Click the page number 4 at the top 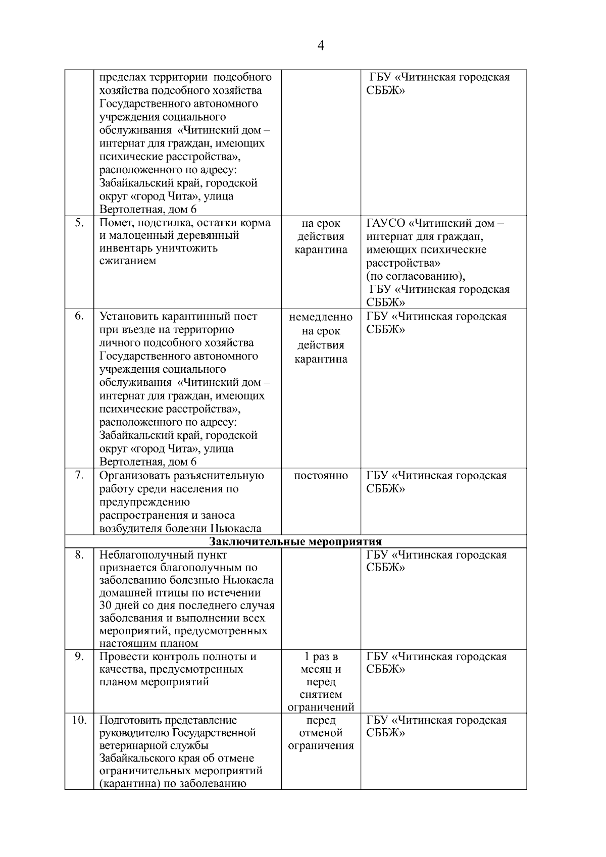click(x=321, y=46)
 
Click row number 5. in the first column click(x=79, y=223)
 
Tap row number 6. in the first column click(x=79, y=316)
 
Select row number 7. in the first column click(x=79, y=475)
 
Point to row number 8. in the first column click(x=79, y=554)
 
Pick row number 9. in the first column click(x=79, y=657)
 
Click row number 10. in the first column click(x=79, y=720)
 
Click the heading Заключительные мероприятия click(x=295, y=542)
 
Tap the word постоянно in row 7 click(x=321, y=476)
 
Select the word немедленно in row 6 click(x=321, y=317)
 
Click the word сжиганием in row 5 click(x=128, y=261)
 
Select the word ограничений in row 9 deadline click(x=321, y=707)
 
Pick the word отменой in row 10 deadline click(x=321, y=733)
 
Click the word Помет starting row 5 click(x=115, y=223)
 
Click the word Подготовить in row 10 click(x=133, y=720)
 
